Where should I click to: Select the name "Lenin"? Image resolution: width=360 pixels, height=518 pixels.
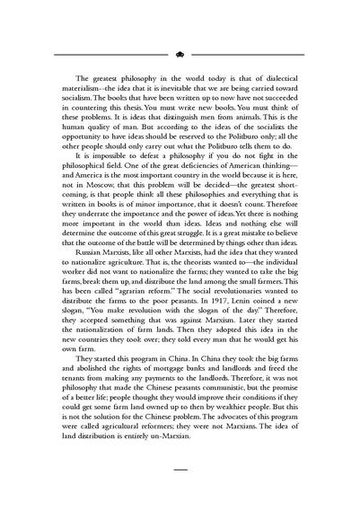pyautogui.click(x=247, y=335)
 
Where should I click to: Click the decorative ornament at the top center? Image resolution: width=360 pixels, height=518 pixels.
pyautogui.click(x=180, y=54)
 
